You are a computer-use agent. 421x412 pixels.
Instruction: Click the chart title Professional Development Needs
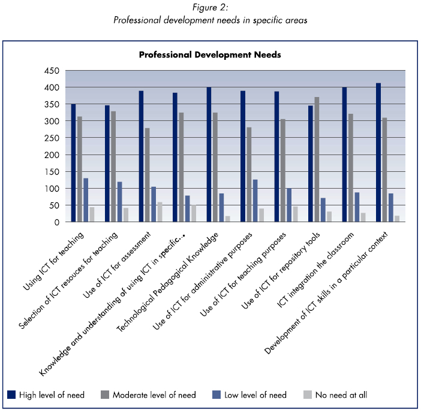tap(210, 54)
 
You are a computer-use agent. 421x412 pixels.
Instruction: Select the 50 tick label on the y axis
tap(54, 205)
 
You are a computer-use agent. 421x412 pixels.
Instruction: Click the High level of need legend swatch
tap(11, 395)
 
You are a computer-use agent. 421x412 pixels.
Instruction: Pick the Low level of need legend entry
tap(255, 395)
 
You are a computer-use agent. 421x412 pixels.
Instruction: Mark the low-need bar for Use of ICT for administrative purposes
tap(255, 201)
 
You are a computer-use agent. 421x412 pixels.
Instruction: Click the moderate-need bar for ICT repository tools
tap(316, 159)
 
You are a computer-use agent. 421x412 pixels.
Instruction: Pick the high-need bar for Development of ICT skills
tap(378, 152)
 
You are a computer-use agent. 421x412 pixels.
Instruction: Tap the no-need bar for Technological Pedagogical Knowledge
tap(227, 219)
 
